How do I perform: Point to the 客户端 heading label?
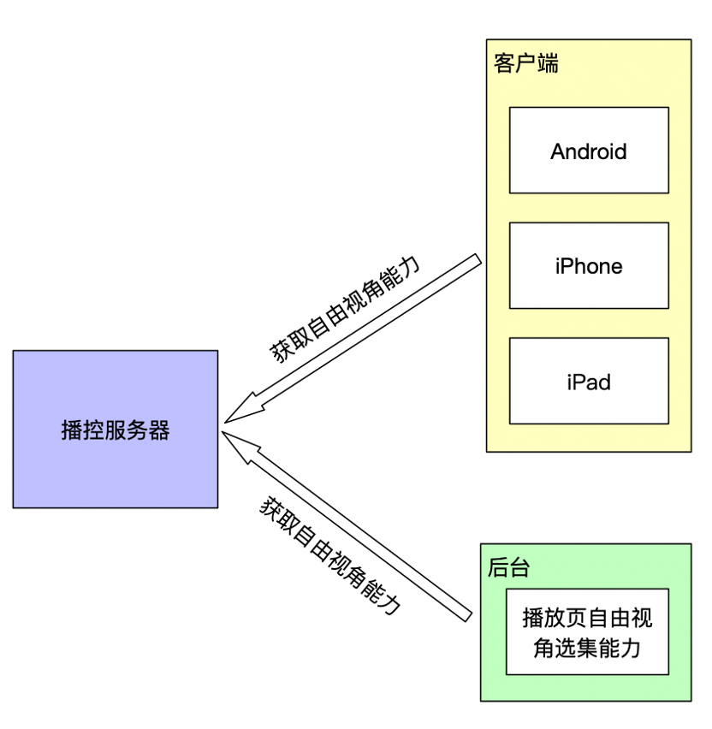(x=526, y=64)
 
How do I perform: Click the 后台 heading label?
(x=508, y=567)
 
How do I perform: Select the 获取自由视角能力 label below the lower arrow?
(x=330, y=555)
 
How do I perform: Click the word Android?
(x=589, y=151)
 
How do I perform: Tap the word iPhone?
(x=589, y=266)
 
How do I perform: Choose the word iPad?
(x=589, y=382)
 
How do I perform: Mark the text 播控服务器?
(x=116, y=430)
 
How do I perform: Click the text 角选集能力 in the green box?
(x=587, y=648)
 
